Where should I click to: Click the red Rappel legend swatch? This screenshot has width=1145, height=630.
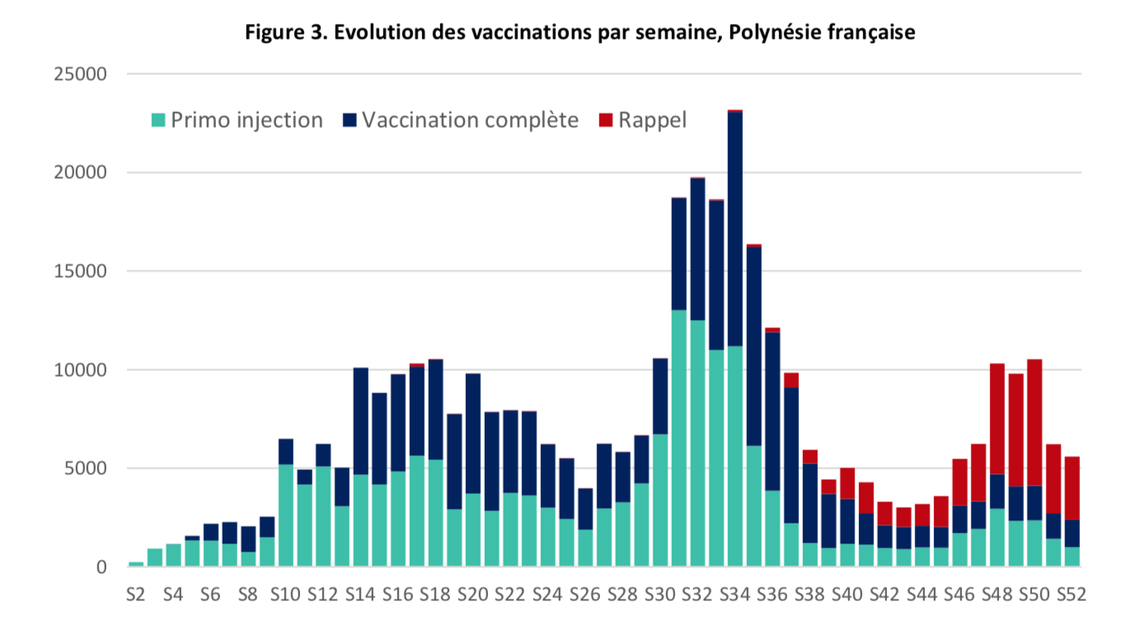(606, 120)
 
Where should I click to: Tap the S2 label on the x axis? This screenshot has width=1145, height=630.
(136, 594)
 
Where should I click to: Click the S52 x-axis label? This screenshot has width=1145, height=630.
(1071, 594)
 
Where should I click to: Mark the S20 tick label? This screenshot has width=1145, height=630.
(472, 594)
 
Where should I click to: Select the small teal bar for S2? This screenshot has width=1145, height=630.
(136, 564)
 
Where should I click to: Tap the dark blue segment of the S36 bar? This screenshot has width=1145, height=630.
(772, 411)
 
